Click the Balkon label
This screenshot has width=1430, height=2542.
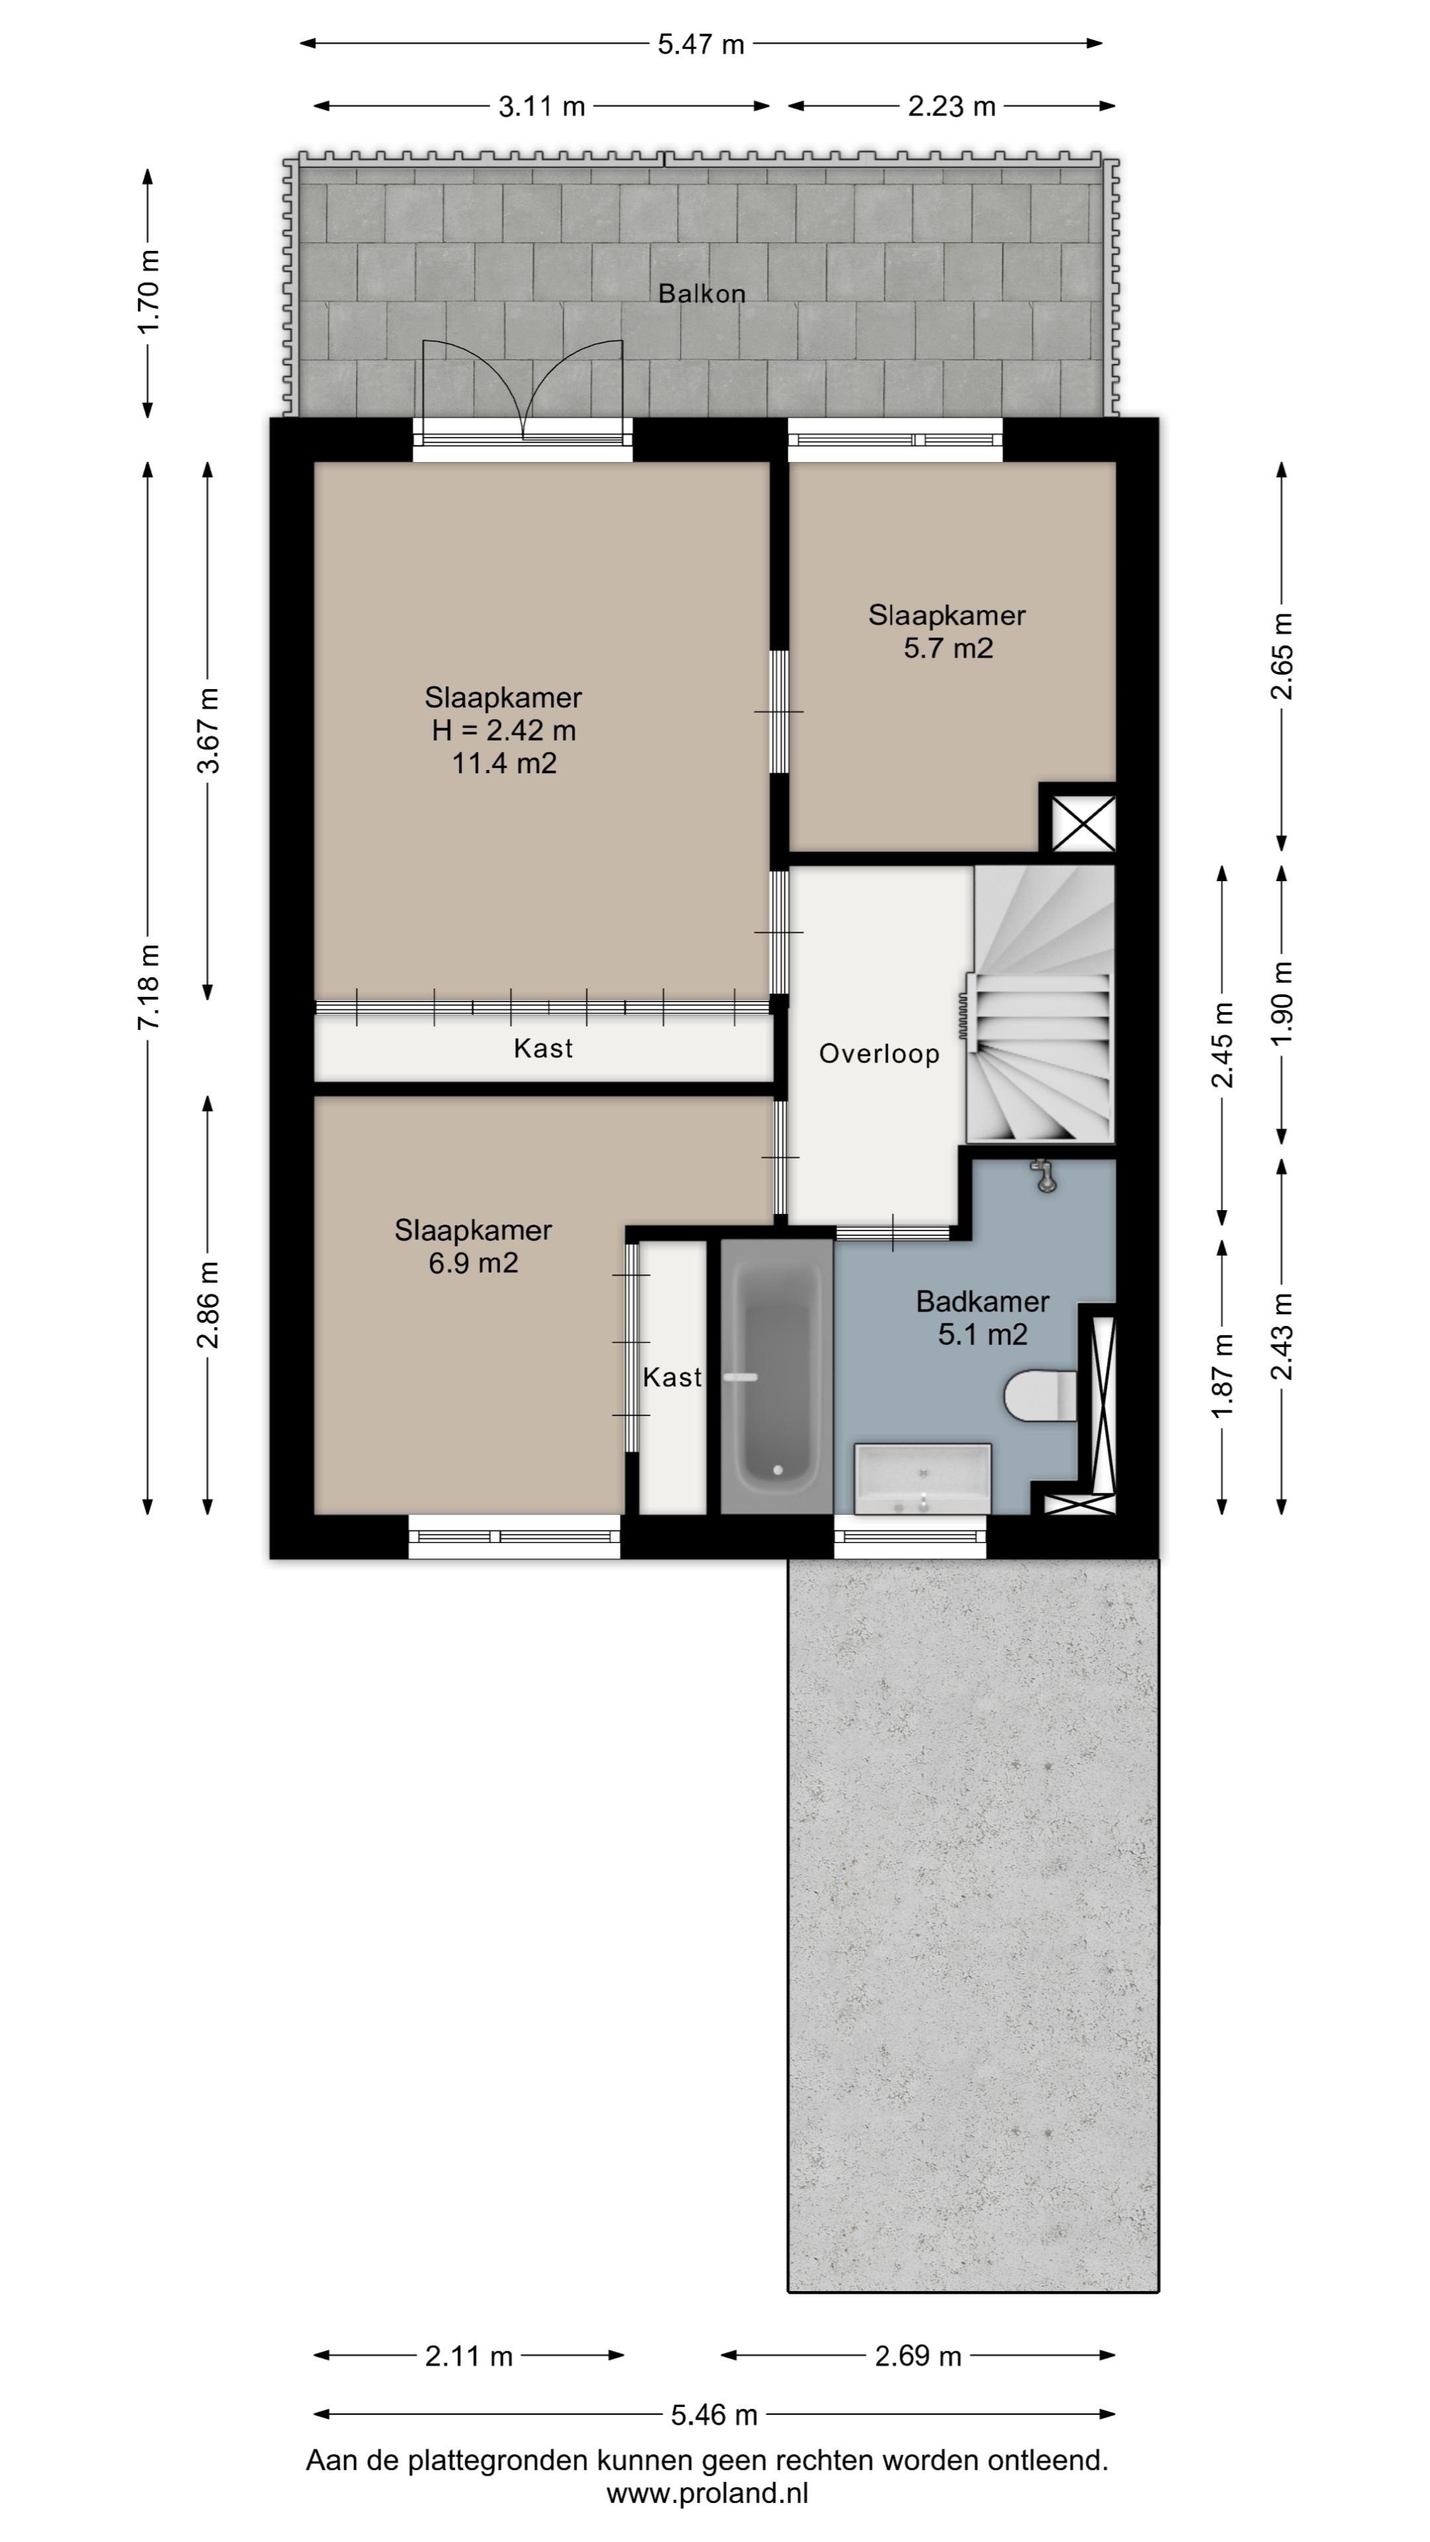tap(702, 293)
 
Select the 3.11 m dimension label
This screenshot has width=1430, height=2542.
tap(542, 107)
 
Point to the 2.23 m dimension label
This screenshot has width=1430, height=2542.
tap(951, 107)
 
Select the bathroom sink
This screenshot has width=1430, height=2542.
tap(922, 1478)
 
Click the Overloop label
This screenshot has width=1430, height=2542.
tap(879, 1054)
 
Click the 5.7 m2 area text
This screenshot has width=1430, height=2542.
tap(947, 648)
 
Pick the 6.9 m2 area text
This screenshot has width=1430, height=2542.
tap(473, 1263)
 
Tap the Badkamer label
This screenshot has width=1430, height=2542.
tap(982, 1301)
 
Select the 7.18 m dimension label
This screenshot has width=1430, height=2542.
tap(148, 987)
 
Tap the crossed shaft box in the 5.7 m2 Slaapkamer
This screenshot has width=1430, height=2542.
tap(1082, 823)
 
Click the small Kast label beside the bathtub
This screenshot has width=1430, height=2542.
tap(672, 1378)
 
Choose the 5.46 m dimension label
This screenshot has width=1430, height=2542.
tap(714, 2416)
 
